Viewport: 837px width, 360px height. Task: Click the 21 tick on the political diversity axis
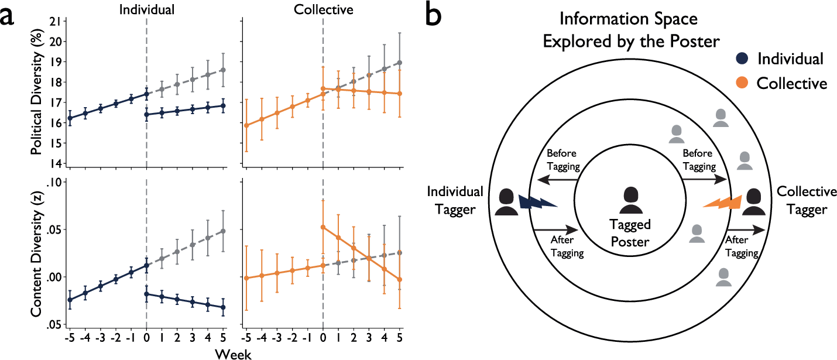coord(56,22)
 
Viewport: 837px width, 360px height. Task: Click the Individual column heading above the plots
coord(146,9)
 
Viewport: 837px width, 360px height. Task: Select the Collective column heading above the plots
coord(323,9)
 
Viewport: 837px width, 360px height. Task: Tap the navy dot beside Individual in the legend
coord(742,59)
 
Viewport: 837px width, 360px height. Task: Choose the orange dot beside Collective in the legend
coord(742,84)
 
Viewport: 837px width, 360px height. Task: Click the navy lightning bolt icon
coord(538,202)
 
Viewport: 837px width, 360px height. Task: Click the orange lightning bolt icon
coord(722,202)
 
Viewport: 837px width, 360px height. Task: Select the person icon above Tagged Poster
coord(630,201)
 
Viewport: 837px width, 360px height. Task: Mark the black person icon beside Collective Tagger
coord(754,202)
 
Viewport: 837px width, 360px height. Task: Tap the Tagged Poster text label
coord(630,232)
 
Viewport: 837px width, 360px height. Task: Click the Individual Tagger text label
coord(455,200)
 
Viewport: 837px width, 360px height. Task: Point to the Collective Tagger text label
coord(806,200)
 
